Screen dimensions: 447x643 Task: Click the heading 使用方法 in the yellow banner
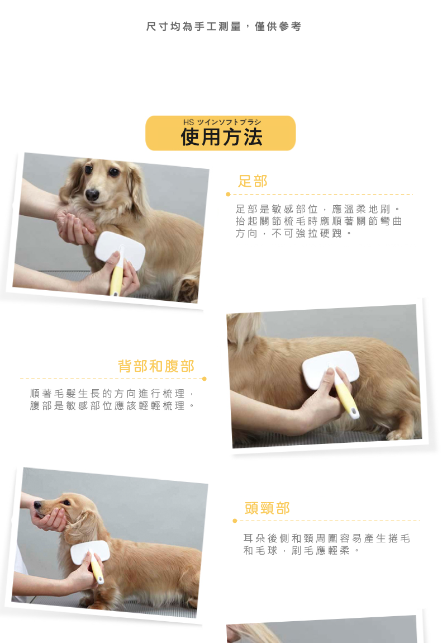point(221,137)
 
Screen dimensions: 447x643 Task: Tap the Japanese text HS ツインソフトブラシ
point(222,122)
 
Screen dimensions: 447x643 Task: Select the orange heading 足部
point(253,181)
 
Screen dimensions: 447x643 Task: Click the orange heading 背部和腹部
point(156,366)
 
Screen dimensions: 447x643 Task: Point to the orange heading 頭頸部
point(267,508)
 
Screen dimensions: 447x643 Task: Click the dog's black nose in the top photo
point(92,195)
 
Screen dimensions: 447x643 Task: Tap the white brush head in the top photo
point(120,250)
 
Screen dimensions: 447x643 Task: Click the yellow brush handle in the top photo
point(116,281)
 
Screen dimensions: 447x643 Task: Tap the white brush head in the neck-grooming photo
point(90,552)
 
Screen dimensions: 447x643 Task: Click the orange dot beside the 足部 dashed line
point(228,194)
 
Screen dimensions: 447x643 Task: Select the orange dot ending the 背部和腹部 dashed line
point(205,379)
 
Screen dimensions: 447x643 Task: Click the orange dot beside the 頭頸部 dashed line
point(235,521)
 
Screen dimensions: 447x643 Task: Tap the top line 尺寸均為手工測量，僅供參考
point(223,27)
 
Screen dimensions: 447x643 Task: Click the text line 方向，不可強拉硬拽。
point(293,233)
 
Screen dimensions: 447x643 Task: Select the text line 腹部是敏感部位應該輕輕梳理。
point(112,405)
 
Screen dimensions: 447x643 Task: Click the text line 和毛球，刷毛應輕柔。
point(302,550)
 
